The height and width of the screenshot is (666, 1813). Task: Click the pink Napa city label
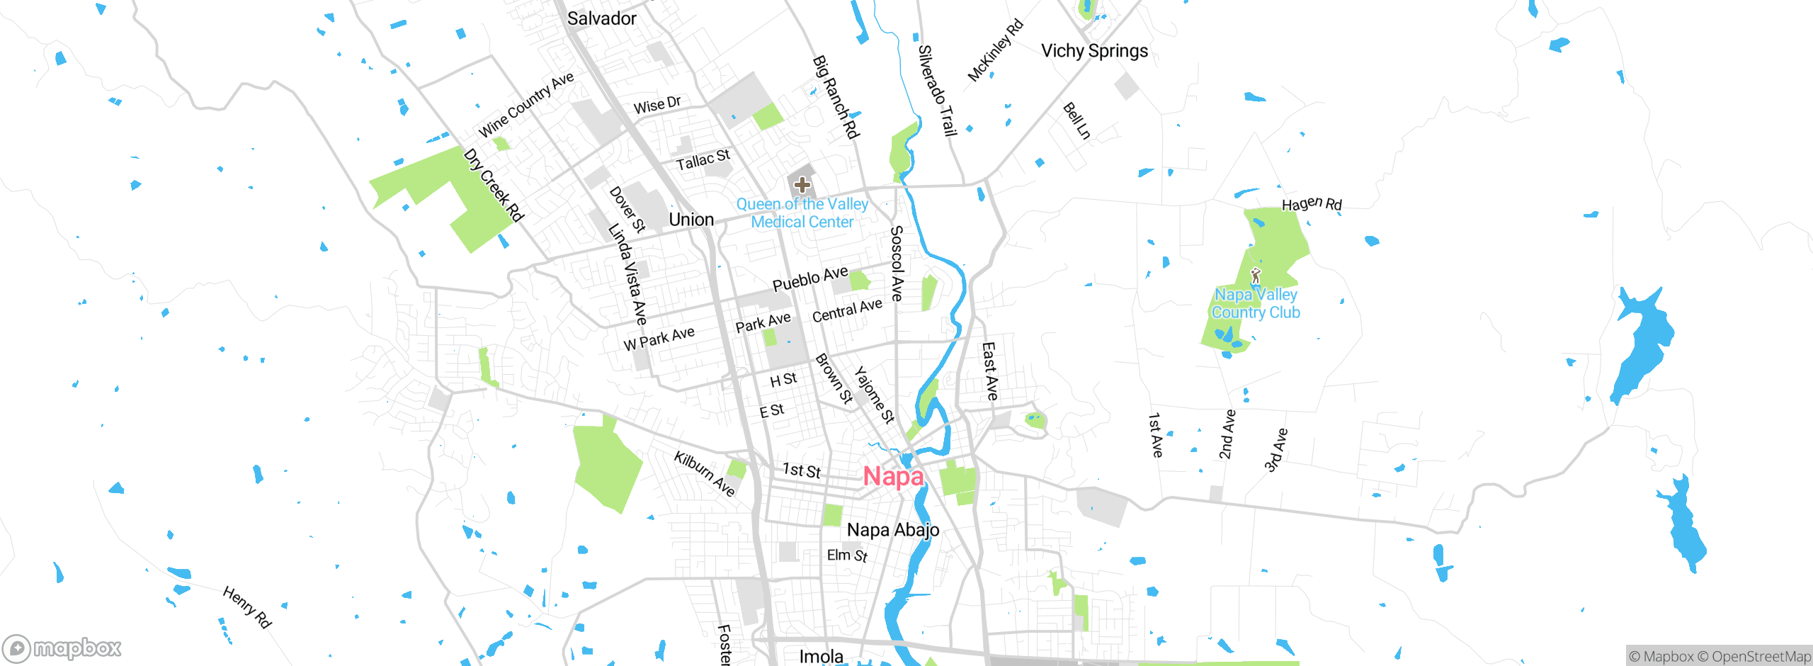pyautogui.click(x=893, y=476)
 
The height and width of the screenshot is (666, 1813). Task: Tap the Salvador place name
pyautogui.click(x=601, y=18)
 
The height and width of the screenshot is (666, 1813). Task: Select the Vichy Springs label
pyautogui.click(x=1094, y=51)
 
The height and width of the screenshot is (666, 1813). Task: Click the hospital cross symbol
pyautogui.click(x=802, y=186)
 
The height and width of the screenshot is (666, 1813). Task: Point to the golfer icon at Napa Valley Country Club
pyautogui.click(x=1256, y=275)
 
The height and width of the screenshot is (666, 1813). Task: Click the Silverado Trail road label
pyautogui.click(x=936, y=90)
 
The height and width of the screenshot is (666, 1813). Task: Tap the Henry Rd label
pyautogui.click(x=246, y=607)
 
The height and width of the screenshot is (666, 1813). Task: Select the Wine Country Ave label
pyautogui.click(x=525, y=105)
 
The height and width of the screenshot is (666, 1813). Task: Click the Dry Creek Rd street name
pyautogui.click(x=493, y=185)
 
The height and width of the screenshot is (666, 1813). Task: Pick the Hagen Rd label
pyautogui.click(x=1312, y=204)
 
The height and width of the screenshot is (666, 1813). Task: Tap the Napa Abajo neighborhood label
pyautogui.click(x=893, y=530)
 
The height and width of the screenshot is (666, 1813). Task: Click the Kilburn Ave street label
pyautogui.click(x=705, y=473)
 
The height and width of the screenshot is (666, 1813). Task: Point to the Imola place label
pyautogui.click(x=821, y=657)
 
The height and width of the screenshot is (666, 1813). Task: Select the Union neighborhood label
pyautogui.click(x=691, y=220)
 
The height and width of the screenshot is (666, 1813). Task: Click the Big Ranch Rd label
pyautogui.click(x=836, y=97)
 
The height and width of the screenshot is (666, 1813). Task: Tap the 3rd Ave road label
pyautogui.click(x=1275, y=450)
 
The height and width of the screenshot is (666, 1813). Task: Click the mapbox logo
pyautogui.click(x=62, y=648)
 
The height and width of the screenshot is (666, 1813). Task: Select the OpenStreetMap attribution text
pyautogui.click(x=1761, y=657)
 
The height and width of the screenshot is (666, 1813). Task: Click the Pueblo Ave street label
pyautogui.click(x=809, y=278)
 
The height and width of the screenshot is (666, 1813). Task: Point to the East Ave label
pyautogui.click(x=989, y=371)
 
